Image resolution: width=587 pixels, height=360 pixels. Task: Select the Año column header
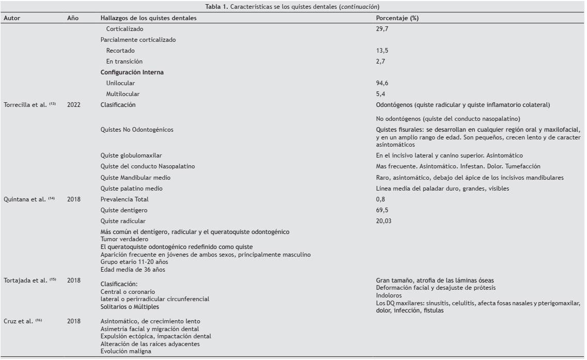(73, 18)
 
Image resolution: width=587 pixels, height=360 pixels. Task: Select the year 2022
(73, 105)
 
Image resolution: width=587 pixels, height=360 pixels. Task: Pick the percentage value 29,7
(383, 29)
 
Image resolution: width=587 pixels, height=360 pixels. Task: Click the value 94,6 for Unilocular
(383, 83)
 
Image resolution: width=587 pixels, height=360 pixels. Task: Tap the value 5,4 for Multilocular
(381, 94)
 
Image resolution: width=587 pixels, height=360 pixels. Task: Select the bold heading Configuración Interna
(132, 72)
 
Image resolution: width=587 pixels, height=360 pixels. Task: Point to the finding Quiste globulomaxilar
(126, 155)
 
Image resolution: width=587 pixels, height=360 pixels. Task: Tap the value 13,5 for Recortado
(383, 51)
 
